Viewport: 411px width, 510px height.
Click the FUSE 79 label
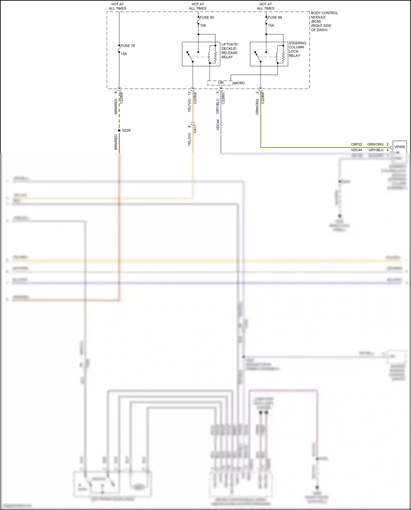tap(128, 46)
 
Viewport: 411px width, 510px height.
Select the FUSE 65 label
tap(207, 18)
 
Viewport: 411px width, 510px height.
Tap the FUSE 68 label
tap(275, 18)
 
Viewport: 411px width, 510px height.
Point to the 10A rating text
tap(203, 25)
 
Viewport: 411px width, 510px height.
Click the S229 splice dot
tap(119, 130)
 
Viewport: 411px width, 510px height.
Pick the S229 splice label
tap(126, 130)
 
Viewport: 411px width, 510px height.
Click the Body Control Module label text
tap(324, 21)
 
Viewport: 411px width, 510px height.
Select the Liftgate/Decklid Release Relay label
tap(230, 51)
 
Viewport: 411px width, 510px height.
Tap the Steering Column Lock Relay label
tap(297, 49)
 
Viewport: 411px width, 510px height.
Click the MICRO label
tap(239, 83)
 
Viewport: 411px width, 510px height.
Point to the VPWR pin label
tap(399, 147)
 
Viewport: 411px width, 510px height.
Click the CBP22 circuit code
tap(356, 144)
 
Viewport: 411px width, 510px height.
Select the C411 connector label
tap(195, 129)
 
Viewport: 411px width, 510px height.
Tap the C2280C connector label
tap(223, 98)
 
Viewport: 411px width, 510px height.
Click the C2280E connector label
tap(195, 98)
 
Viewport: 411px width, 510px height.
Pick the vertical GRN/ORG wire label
tap(257, 107)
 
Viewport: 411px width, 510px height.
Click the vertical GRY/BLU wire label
tap(218, 106)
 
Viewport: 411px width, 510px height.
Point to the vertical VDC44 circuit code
tap(218, 125)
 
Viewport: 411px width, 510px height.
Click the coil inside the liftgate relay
tap(210, 57)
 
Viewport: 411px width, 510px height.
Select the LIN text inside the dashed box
tap(221, 83)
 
